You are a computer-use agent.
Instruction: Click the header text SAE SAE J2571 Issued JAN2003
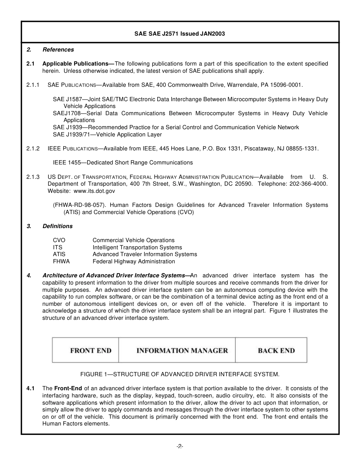click(180, 34)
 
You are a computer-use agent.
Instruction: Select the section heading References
click(58, 50)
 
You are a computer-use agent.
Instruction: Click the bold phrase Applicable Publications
click(77, 64)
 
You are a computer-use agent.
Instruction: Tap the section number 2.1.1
click(33, 85)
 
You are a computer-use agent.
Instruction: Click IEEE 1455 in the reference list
click(69, 163)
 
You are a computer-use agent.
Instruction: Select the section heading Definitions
click(57, 226)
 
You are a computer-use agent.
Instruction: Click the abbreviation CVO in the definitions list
click(59, 240)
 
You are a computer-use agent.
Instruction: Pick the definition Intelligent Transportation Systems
click(137, 247)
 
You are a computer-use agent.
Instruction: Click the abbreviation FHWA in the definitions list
click(61, 261)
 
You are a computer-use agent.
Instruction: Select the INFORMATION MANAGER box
click(182, 350)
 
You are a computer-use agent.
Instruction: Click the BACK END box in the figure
click(276, 350)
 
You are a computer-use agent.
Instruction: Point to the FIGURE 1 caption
click(180, 374)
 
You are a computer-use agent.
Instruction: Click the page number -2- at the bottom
click(180, 447)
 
